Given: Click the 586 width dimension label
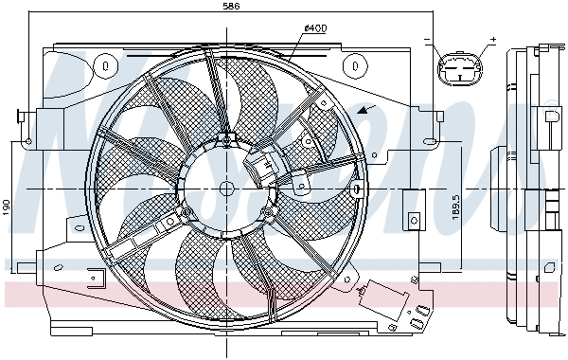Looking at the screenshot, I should click(x=231, y=8).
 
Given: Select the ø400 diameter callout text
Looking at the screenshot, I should click(x=315, y=28).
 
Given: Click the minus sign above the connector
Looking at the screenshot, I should click(x=427, y=41).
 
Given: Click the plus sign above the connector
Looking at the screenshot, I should click(x=491, y=41).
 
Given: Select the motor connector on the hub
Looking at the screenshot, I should click(x=259, y=171).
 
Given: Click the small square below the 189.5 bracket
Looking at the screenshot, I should click(x=413, y=220).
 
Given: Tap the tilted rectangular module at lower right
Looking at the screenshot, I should click(x=386, y=300).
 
